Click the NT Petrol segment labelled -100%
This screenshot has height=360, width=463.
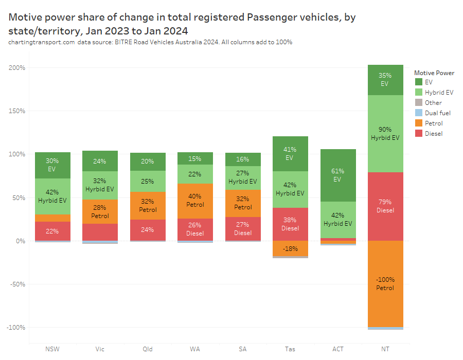[x=385, y=283]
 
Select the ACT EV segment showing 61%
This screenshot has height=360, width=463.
[x=338, y=175]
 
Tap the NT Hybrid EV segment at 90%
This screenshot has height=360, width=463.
[x=385, y=133]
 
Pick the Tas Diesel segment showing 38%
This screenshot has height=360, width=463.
[x=290, y=224]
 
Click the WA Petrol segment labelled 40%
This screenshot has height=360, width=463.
[x=195, y=201]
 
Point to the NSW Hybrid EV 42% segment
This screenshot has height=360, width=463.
[x=52, y=196]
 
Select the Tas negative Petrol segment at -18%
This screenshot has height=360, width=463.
[x=290, y=248]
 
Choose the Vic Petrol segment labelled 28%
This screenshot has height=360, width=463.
[x=100, y=211]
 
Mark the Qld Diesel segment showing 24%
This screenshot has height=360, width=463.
[x=148, y=230]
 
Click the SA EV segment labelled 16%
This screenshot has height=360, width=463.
[x=243, y=159]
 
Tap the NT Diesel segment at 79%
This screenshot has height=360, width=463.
[x=385, y=206]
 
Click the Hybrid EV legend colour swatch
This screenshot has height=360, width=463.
[x=418, y=93]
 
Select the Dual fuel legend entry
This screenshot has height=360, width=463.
[x=437, y=113]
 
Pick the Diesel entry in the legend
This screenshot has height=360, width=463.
[x=434, y=134]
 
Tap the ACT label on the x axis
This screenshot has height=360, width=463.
[x=338, y=349]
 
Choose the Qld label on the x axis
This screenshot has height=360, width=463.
[x=148, y=349]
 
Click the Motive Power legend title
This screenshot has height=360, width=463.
[x=434, y=73]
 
